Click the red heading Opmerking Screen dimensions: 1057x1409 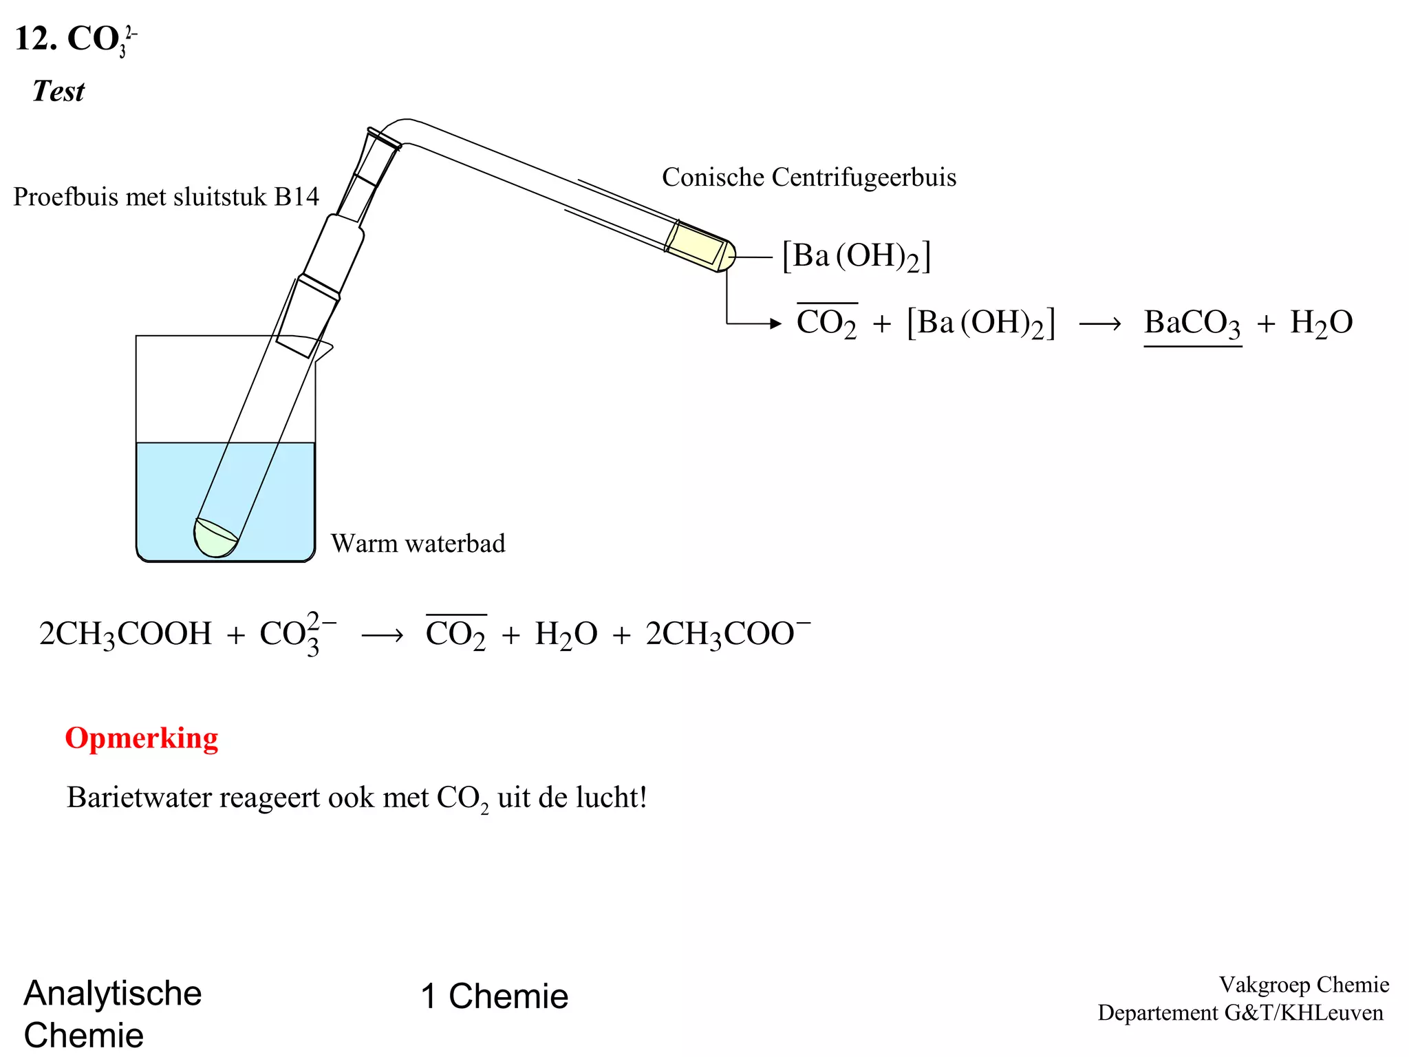(x=141, y=738)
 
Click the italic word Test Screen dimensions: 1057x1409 (x=58, y=91)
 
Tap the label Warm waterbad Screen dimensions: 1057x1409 (x=418, y=544)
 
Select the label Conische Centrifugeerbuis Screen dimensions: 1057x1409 (x=808, y=178)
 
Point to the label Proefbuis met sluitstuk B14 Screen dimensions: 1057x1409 (x=166, y=197)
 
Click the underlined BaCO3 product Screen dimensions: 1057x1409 (x=1192, y=323)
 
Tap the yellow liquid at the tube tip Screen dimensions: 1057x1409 (x=695, y=245)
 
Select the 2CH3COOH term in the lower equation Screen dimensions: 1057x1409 (x=125, y=634)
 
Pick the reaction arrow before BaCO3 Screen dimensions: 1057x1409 (x=1099, y=323)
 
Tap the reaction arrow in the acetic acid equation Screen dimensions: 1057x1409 (x=382, y=635)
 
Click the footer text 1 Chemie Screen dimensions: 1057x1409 (x=495, y=996)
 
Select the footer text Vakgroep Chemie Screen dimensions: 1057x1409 (x=1304, y=985)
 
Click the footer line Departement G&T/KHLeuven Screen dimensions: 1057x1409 (x=1240, y=1013)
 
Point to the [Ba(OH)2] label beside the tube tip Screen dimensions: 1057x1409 (x=856, y=257)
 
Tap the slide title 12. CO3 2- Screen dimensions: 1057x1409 (x=76, y=39)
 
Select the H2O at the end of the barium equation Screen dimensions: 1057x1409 (x=1321, y=323)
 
